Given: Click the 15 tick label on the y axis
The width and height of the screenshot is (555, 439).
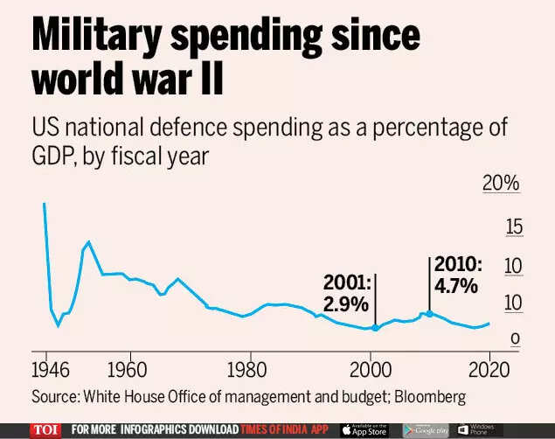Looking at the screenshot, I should point(514,227).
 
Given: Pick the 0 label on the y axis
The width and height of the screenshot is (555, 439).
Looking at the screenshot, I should point(517,338).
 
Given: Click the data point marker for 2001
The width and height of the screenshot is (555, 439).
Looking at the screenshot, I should point(375,328).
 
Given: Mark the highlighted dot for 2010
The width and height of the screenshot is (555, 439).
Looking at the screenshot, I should point(428,313).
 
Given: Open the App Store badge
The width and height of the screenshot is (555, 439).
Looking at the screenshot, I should point(364,429).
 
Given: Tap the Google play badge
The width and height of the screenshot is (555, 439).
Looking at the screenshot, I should point(425,429).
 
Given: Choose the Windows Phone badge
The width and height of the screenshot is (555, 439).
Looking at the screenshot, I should point(475,429).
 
